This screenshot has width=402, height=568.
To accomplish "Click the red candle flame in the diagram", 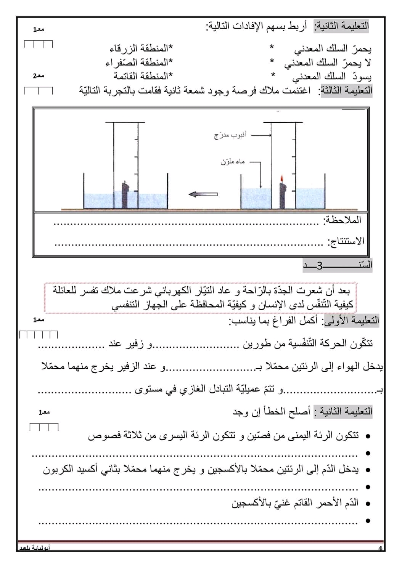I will tap(282, 179).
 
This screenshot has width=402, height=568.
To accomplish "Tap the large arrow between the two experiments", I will tap(203, 194).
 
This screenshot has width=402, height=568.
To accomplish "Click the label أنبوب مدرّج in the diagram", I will tap(230, 135).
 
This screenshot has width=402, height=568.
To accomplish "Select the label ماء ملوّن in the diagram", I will tap(233, 162).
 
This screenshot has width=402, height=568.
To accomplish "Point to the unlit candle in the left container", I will tap(125, 194).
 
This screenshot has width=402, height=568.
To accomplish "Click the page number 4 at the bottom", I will tap(380, 548).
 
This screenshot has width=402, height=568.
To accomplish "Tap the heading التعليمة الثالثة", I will tap(346, 91).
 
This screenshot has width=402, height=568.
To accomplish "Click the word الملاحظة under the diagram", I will tap(342, 220).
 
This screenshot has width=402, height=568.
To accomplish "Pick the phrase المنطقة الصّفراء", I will tap(139, 62).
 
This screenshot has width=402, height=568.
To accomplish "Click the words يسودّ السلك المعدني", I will tap(332, 77).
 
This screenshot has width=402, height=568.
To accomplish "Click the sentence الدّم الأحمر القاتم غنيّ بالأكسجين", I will tap(295, 503).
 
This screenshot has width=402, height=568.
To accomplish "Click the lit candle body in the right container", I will tap(282, 195).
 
